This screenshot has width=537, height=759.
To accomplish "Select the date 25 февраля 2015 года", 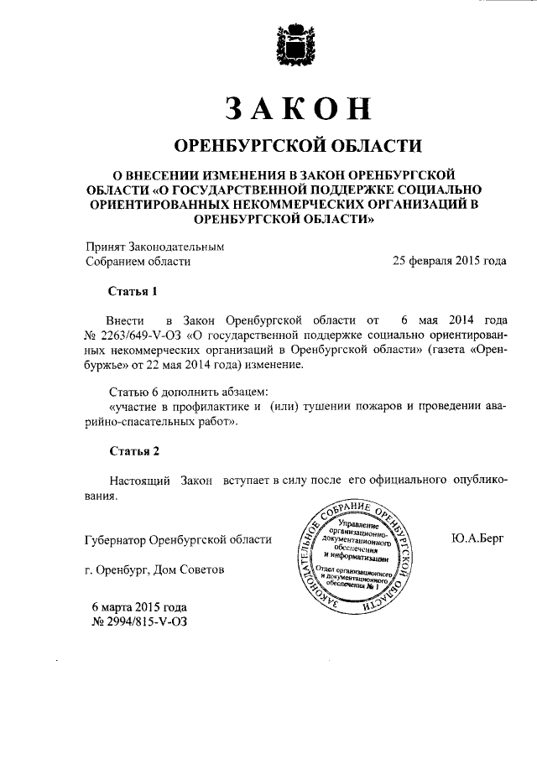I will pos(450,261).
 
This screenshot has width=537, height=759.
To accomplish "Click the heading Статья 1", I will pos(133,292).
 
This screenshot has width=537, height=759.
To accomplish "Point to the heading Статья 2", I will pos(133,451).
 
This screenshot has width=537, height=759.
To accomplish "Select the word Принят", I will pos(105,246).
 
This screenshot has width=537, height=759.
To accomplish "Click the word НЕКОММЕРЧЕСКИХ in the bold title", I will pos(312,204).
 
